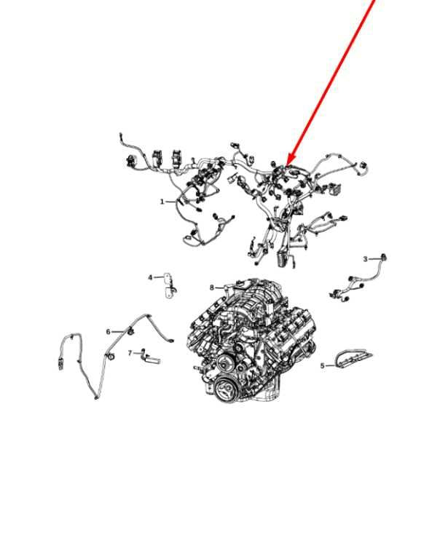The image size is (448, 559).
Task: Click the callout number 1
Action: tap(162, 202)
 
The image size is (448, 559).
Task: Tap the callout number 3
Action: tap(365, 259)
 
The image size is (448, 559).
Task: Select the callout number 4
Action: tap(150, 277)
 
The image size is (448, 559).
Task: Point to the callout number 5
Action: tap(323, 366)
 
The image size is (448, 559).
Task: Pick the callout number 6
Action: tap(108, 332)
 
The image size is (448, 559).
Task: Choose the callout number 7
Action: tap(130, 353)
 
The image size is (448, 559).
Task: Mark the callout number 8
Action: tap(212, 288)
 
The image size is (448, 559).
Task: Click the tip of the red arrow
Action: tap(287, 165)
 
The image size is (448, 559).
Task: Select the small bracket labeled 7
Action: tap(151, 358)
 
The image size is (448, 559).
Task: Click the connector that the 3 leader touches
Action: tap(384, 258)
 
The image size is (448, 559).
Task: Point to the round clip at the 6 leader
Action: tap(130, 332)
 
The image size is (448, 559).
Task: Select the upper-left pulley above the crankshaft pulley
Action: tap(224, 365)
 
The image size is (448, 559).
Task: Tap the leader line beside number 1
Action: tap(171, 202)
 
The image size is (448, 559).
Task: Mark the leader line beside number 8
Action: tap(220, 288)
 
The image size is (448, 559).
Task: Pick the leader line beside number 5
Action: tap(330, 366)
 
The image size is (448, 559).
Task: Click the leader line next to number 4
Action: tap(159, 277)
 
